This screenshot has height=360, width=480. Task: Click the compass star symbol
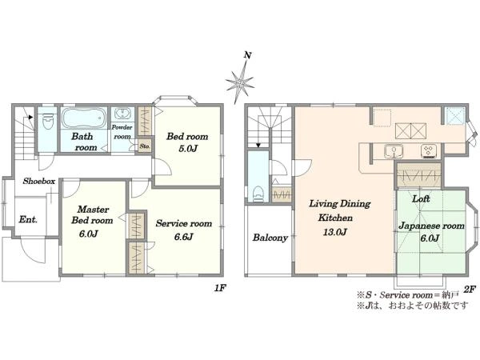[x=240, y=82]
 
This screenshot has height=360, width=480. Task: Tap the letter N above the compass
[x=248, y=55]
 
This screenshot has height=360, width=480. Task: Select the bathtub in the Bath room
[x=84, y=118]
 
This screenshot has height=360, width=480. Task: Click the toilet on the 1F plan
[x=48, y=122]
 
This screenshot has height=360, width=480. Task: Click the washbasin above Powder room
[x=122, y=114]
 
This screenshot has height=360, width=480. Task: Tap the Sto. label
[x=145, y=146]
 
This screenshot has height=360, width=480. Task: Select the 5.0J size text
[x=188, y=149]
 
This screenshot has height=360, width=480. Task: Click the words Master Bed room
[x=92, y=215]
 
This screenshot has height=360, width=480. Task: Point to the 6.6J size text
[x=183, y=237]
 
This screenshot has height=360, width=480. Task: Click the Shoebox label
[x=39, y=182]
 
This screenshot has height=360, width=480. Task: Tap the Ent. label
[x=28, y=219]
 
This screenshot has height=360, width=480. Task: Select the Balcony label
[x=270, y=238]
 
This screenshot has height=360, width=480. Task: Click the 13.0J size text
[x=334, y=232]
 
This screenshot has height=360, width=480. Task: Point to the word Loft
[x=421, y=199]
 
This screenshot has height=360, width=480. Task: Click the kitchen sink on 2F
[x=394, y=151]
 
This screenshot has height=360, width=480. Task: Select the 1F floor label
[x=220, y=288]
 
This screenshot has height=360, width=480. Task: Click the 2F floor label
[x=470, y=289]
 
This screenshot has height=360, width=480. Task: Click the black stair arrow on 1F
[x=30, y=117]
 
